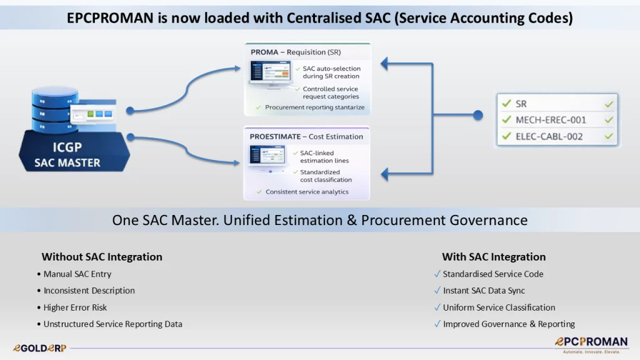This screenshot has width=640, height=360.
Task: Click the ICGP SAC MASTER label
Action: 67,155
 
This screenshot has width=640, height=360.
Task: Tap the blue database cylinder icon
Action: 55,109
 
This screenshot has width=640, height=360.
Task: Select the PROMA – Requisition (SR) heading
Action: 296,52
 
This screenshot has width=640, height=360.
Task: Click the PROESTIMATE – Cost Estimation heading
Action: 306,137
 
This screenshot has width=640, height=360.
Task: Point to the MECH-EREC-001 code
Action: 551,120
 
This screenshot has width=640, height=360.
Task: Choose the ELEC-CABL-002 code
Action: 549,136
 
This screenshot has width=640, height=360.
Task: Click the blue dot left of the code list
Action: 478,115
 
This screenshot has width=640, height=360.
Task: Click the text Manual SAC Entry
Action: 77,274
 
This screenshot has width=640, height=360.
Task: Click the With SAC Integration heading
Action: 494,257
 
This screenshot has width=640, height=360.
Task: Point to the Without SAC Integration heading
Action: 102,257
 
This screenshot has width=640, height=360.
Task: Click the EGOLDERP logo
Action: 39,348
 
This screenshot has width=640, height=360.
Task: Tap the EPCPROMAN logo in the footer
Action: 591,345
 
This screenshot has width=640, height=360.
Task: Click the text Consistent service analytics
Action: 307,192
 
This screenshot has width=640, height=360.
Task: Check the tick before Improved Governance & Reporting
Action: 437,324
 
